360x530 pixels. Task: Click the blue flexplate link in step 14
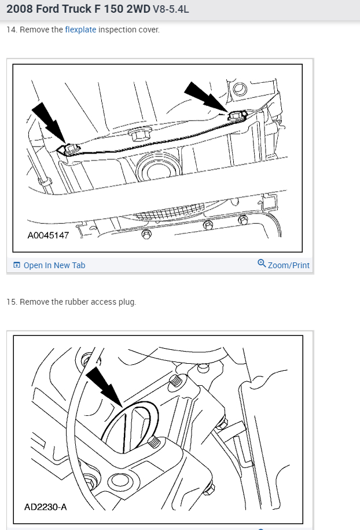point(80,30)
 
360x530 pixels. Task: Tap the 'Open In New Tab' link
point(54,265)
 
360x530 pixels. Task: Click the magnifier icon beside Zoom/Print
point(262,264)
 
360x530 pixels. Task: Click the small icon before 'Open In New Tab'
point(17,265)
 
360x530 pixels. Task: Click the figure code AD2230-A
point(45,507)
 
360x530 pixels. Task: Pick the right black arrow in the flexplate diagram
point(206,96)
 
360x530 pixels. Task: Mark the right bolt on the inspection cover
point(237,115)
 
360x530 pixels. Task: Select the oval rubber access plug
point(130,426)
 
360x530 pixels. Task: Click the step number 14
point(11,30)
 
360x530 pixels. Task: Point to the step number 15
point(11,302)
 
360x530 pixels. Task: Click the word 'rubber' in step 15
point(77,302)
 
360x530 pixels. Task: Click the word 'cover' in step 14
point(147,30)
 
